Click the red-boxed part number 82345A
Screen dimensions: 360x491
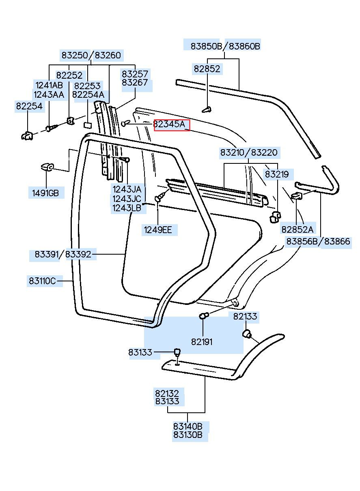tap(172, 125)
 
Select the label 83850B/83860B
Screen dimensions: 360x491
tap(225, 46)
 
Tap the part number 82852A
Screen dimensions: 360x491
tap(297, 229)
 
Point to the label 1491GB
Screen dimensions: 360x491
tap(45, 193)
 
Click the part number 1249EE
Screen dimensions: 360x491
tap(158, 230)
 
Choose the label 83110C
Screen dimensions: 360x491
tap(42, 281)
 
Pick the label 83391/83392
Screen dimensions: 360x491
tap(63, 254)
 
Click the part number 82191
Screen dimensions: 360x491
tap(202, 342)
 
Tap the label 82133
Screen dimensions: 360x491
tap(245, 316)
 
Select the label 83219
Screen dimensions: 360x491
tap(277, 174)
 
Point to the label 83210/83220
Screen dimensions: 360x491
tap(249, 152)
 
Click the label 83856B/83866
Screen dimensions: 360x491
tap(318, 241)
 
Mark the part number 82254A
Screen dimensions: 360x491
tap(88, 95)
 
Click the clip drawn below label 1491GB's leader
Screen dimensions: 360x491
tap(47, 167)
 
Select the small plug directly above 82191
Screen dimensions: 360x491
tap(203, 316)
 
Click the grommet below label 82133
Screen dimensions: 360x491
tap(247, 333)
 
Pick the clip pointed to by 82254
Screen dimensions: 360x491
tap(27, 136)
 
